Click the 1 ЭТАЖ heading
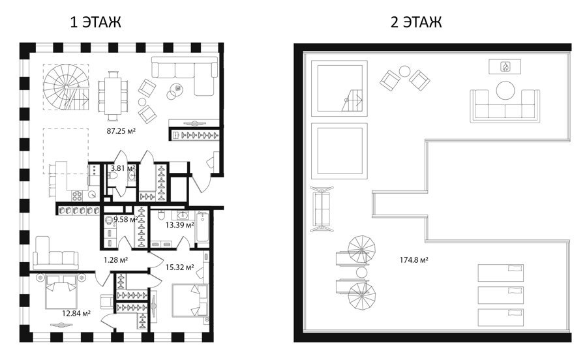[x=95, y=22]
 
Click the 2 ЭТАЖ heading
[x=416, y=22]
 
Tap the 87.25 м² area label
[x=121, y=131]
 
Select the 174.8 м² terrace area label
[x=414, y=260]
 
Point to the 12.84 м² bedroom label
[x=76, y=313]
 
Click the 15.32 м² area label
[x=180, y=267]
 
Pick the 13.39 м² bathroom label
[x=180, y=224]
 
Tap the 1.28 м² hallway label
[x=115, y=260]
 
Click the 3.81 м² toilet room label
[x=123, y=168]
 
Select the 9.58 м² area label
[x=126, y=219]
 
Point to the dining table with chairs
[x=113, y=96]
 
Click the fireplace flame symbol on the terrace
[x=505, y=67]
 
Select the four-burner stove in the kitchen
[x=77, y=195]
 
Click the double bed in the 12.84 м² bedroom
[x=61, y=291]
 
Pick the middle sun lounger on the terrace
[x=500, y=295]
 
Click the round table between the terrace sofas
[x=505, y=91]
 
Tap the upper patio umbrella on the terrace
[x=361, y=250]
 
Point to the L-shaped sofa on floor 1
[x=185, y=75]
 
